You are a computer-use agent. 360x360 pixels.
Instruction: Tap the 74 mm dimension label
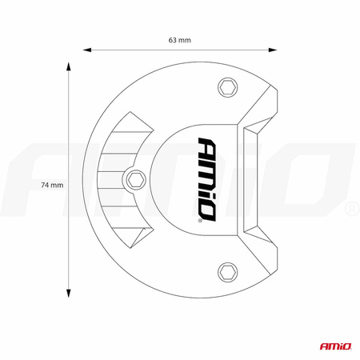coord(51,185)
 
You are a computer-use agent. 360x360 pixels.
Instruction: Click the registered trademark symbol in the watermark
coord(350,210)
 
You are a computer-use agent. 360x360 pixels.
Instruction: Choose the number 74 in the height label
coord(46,185)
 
